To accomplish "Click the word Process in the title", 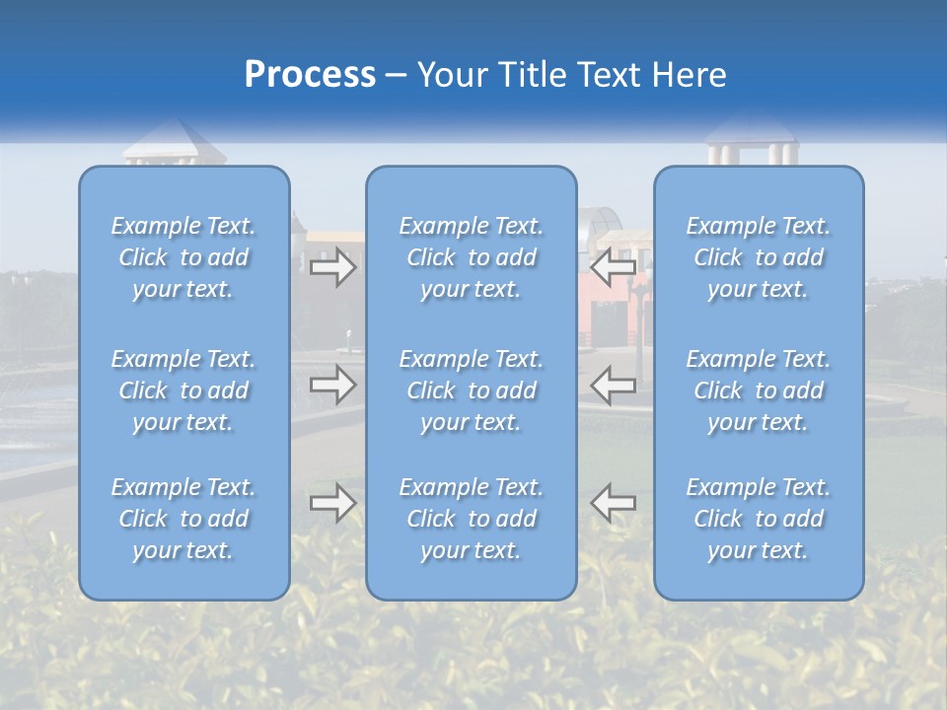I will point(310,75).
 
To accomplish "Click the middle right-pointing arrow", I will point(332,385).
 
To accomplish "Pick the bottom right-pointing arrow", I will point(332,503).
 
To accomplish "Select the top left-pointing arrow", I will point(613,265).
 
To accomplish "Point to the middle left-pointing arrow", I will point(613,385).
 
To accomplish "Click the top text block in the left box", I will point(183,257).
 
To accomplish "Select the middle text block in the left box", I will point(183,390).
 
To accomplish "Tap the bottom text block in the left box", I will point(183,519).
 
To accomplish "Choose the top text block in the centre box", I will point(472,257).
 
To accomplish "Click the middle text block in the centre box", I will point(472,390).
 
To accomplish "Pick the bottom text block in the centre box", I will point(472,519).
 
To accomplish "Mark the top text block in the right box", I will point(759,257).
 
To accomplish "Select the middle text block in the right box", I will point(759,390).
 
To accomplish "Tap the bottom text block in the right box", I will point(759,519).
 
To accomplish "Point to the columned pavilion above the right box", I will point(753,143).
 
